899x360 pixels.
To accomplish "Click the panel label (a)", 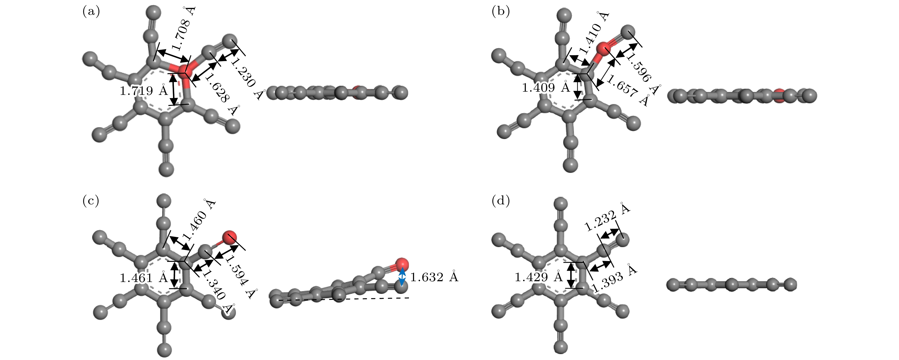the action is click(x=91, y=12).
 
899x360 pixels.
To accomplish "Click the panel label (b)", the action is click(x=501, y=12).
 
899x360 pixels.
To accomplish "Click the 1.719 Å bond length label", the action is click(x=144, y=90).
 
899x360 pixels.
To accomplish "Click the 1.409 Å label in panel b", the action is click(x=546, y=87).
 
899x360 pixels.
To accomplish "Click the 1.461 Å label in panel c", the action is click(x=144, y=277).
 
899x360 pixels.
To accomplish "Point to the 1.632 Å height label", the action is click(x=434, y=277).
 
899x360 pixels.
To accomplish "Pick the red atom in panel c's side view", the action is click(x=402, y=264).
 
